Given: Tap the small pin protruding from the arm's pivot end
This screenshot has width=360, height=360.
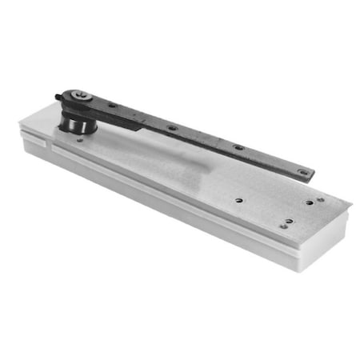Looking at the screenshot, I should coord(58,98).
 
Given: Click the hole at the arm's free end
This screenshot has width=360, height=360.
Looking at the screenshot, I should coord(302,170).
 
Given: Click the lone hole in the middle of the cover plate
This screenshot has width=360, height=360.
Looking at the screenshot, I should coord(238,199).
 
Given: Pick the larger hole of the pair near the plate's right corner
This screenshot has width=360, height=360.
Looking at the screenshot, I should coord(308,202).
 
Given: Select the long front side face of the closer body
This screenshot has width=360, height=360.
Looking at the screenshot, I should coord(160,208).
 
